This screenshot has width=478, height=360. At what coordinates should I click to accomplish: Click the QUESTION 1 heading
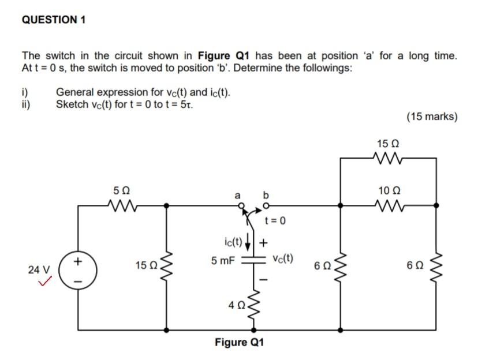pos(53,20)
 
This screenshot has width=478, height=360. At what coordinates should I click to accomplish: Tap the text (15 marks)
pos(432,117)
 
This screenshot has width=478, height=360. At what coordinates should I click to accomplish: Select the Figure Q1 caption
pos(239,343)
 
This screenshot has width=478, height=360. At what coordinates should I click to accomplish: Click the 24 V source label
pos(39,269)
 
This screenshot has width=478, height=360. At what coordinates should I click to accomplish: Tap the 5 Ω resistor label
pos(122,189)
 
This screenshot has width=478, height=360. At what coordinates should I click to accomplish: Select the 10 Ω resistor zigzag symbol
pos(387,204)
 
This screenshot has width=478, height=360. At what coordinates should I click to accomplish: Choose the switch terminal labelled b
pos(266,205)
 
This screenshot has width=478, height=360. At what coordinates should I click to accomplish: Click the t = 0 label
pos(276,221)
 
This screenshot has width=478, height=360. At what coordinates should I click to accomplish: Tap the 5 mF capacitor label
pos(222,260)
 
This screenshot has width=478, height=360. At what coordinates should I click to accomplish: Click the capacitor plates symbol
pos(252,260)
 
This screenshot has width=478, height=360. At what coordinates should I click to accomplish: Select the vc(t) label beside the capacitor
pos(283,257)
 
